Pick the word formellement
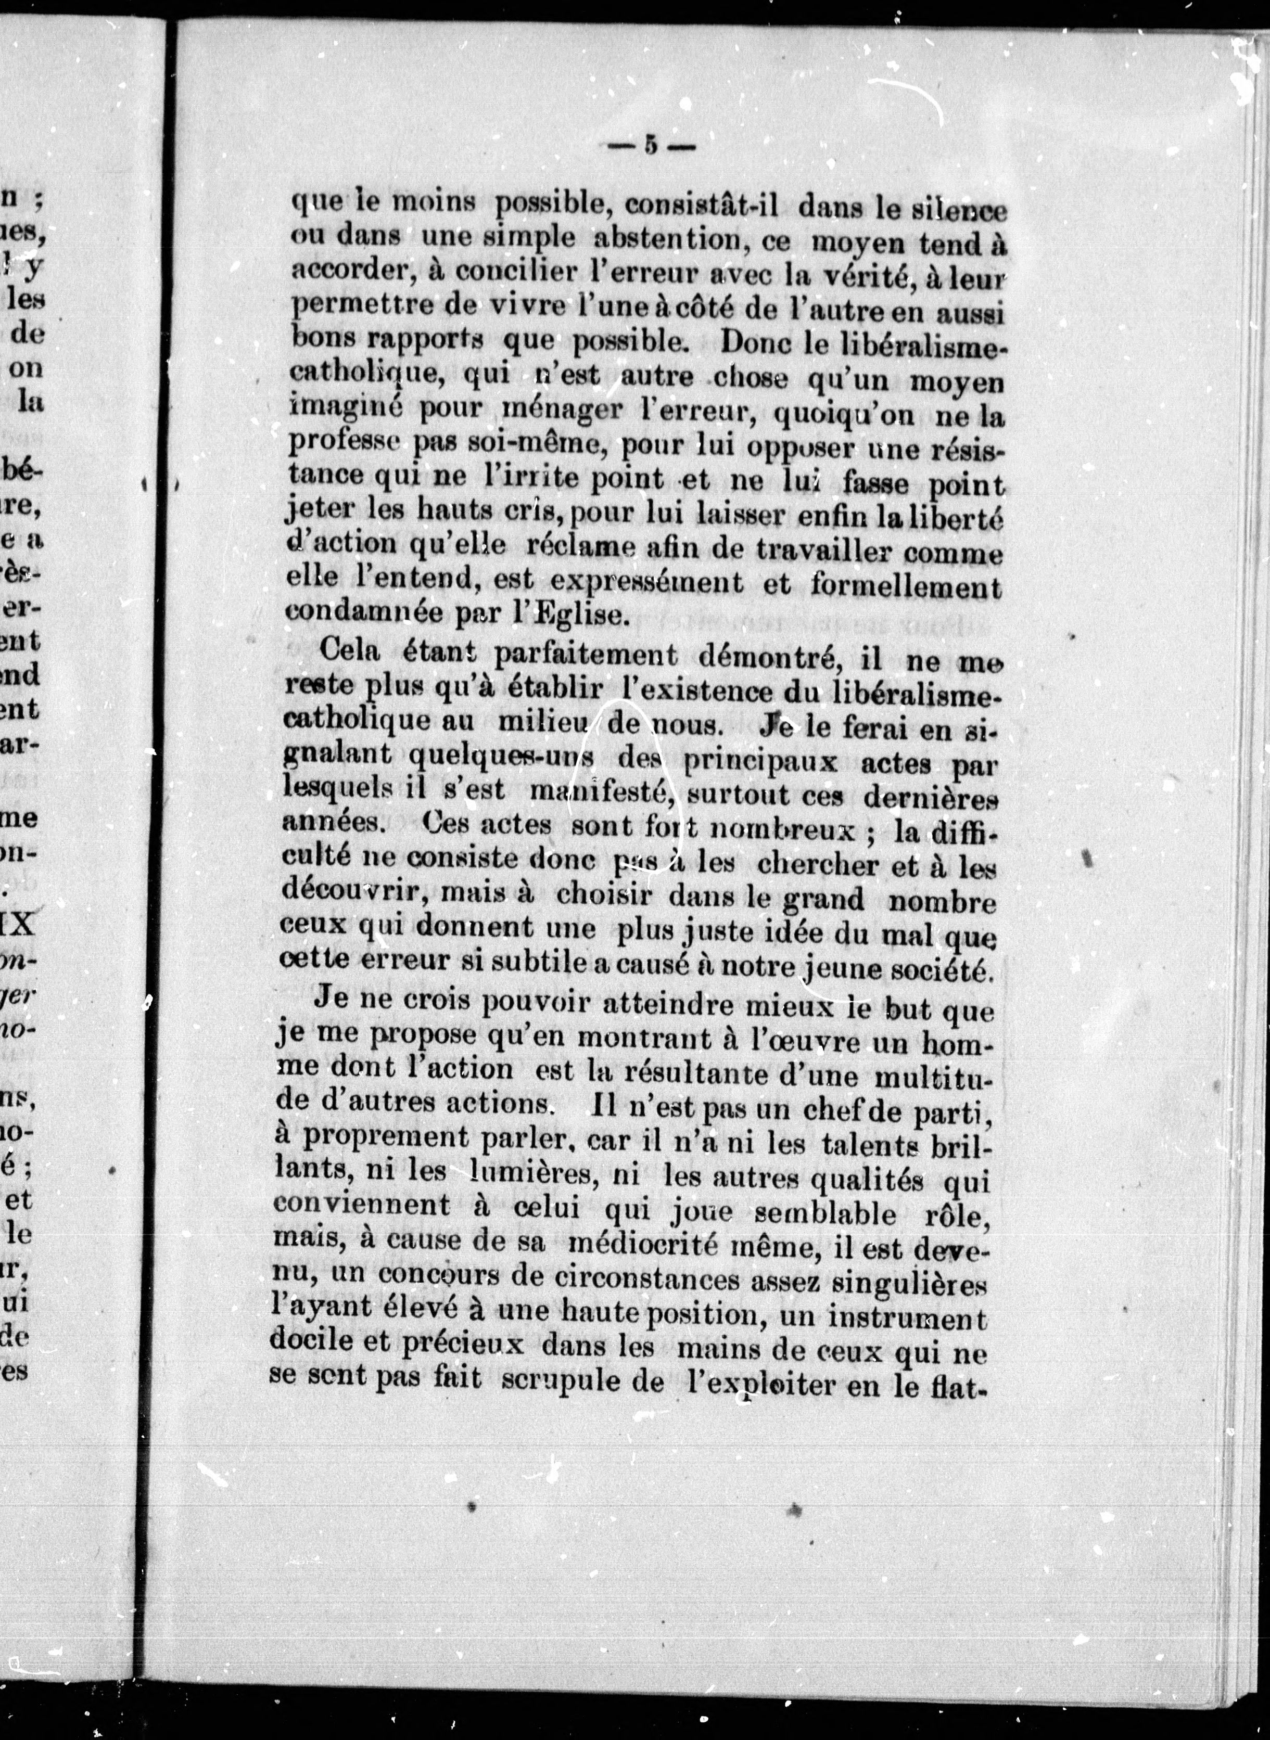(906, 586)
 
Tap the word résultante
(676, 1071)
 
